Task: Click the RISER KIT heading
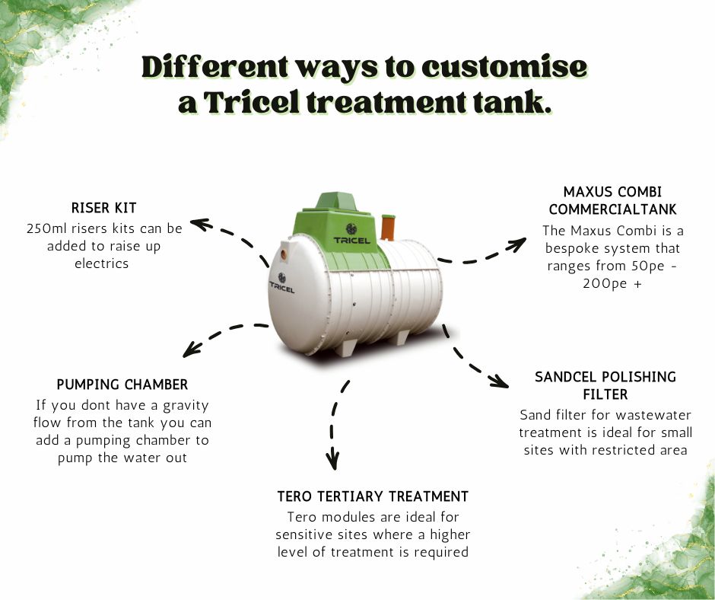104,208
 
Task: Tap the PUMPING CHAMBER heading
122,385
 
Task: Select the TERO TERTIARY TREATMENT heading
373,496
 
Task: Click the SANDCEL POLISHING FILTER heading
605,385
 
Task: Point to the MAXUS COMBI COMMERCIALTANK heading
613,200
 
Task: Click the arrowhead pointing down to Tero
332,461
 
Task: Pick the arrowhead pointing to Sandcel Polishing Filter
499,380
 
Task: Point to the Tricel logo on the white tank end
282,283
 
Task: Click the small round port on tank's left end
284,250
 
